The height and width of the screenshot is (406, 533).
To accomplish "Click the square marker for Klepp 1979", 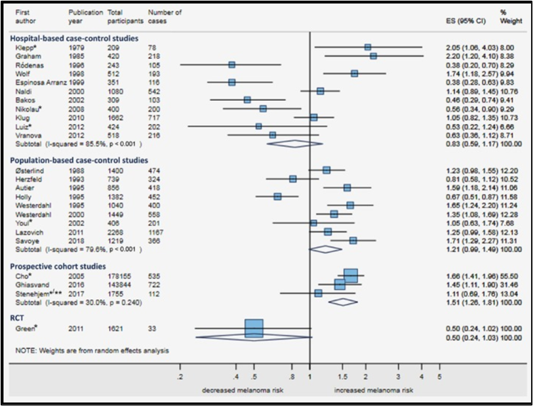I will (x=368, y=47).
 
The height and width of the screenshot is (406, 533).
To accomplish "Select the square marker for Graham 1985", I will (x=374, y=56).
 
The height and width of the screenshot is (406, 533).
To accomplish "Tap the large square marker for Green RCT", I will (x=254, y=328).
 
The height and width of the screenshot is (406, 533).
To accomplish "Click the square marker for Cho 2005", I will (x=351, y=275).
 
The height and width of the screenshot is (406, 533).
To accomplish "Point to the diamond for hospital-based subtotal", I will (x=294, y=142).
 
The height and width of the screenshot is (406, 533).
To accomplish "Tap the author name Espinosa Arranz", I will (x=37, y=82).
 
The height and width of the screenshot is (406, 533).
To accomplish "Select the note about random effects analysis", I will (x=92, y=351).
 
